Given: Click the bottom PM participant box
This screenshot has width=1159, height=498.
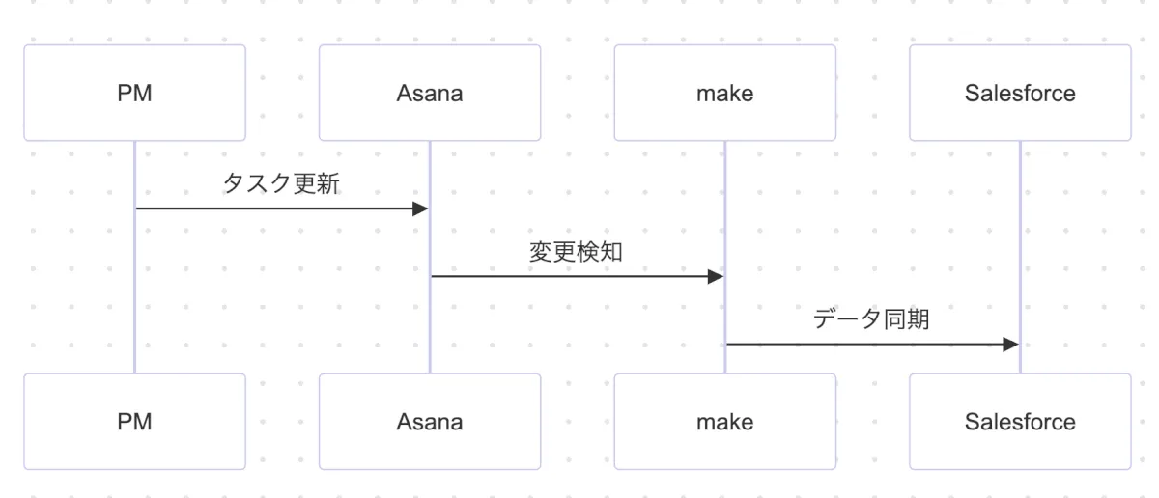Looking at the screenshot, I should pyautogui.click(x=134, y=422).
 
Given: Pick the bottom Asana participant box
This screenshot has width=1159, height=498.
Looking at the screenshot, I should pyautogui.click(x=430, y=422).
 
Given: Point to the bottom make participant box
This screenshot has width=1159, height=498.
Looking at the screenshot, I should pyautogui.click(x=724, y=422).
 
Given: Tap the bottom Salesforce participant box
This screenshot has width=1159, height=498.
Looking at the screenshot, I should pyautogui.click(x=1020, y=422).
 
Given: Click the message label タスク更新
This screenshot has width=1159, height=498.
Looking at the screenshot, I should pyautogui.click(x=281, y=183).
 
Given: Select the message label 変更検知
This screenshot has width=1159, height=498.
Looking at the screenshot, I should pyautogui.click(x=577, y=252).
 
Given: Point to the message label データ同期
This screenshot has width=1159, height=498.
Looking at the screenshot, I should pyautogui.click(x=872, y=319).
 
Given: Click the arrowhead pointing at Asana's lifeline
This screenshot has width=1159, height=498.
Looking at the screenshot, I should pyautogui.click(x=420, y=208).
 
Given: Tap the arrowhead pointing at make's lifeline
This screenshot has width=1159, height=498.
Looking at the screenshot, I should pyautogui.click(x=716, y=277).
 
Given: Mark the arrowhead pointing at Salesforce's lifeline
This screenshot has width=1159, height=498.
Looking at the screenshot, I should pyautogui.click(x=1011, y=345).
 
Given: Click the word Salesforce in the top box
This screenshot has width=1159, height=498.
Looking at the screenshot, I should pyautogui.click(x=1020, y=94).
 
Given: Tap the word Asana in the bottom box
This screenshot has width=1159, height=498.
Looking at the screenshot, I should pyautogui.click(x=430, y=422).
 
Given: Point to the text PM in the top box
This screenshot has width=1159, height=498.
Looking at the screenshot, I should pyautogui.click(x=134, y=94).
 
